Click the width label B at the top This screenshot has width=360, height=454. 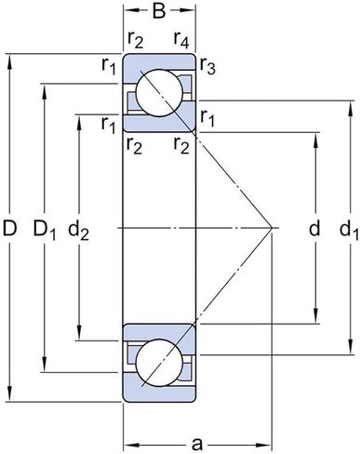pos(159,12)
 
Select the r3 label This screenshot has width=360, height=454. pos(207,68)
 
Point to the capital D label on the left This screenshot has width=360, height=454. pos(10,227)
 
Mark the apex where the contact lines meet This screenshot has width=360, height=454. pos(270,227)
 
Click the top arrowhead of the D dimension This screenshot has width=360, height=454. pos(11,58)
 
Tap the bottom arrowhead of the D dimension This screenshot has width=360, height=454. pos(11,397)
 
